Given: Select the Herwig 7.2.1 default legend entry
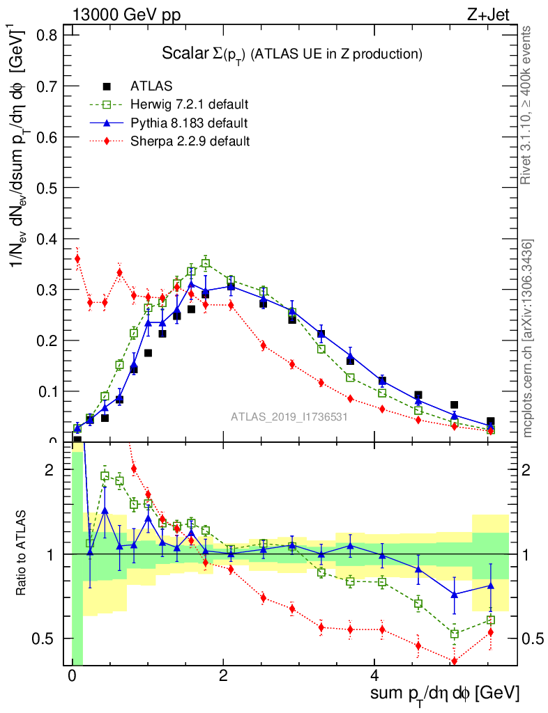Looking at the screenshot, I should coord(189,104).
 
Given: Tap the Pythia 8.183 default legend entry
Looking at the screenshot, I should coord(189,123).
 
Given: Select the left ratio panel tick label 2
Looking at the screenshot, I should coord(50,470).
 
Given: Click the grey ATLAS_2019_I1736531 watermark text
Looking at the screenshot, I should coord(289,417).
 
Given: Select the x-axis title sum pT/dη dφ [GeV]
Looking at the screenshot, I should coord(444,694).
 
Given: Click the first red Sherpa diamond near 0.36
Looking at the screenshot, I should coord(77,258).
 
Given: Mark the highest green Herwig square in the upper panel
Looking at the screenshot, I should coord(206,263).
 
